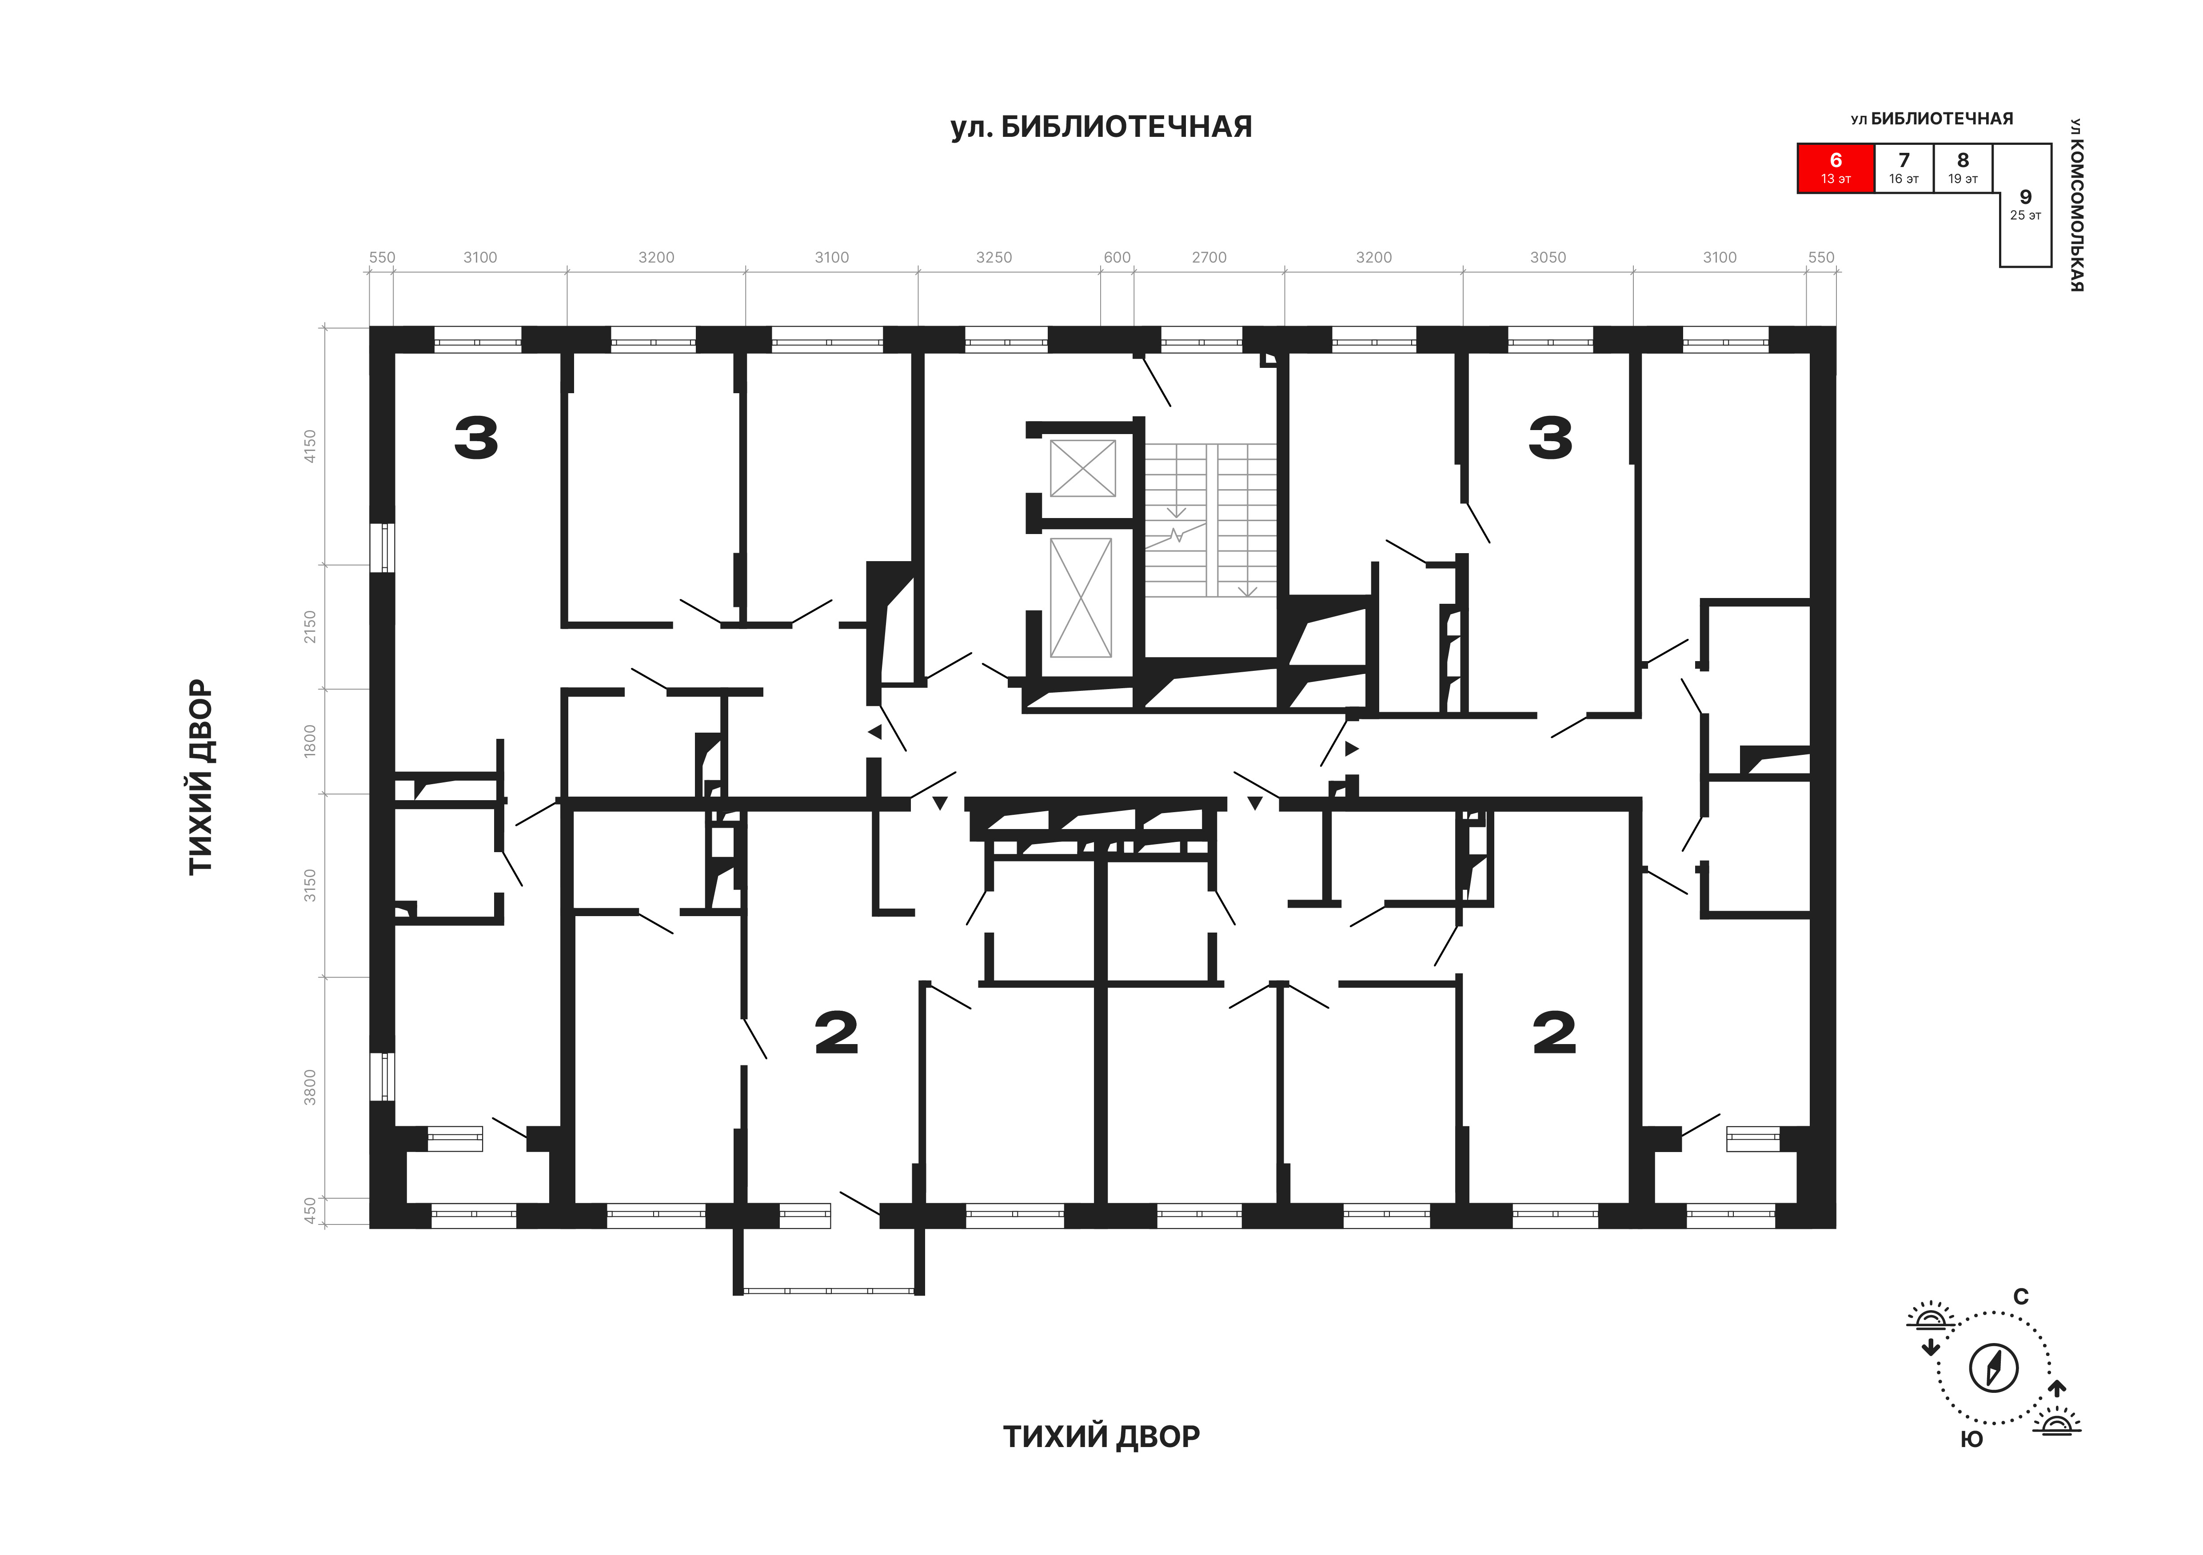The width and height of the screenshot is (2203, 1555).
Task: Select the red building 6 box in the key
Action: [1836, 168]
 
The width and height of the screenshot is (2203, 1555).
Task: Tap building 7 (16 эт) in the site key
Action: [1904, 168]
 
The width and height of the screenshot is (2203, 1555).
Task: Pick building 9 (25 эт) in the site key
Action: [2024, 204]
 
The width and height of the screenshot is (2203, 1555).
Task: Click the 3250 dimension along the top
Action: [994, 257]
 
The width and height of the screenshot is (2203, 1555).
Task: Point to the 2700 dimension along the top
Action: [1209, 257]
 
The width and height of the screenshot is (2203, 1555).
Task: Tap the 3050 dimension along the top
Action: [1548, 257]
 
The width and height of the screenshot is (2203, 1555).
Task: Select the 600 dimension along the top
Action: [1117, 257]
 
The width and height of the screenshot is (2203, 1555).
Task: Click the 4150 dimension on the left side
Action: [309, 446]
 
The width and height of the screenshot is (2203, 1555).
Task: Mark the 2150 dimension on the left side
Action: [309, 626]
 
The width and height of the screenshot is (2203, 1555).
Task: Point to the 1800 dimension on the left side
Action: [309, 741]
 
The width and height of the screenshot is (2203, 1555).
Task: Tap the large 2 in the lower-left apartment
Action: [836, 1033]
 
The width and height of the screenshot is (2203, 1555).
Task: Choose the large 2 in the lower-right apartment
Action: [1554, 1033]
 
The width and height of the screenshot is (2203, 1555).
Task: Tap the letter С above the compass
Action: [2021, 1297]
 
